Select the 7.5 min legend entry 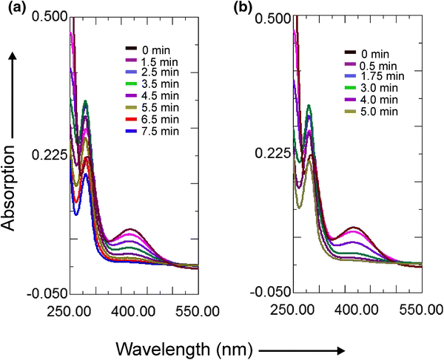tap(150, 132)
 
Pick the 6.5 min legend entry tap(150, 120)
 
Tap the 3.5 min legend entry tap(150, 84)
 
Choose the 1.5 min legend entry tap(150, 60)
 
